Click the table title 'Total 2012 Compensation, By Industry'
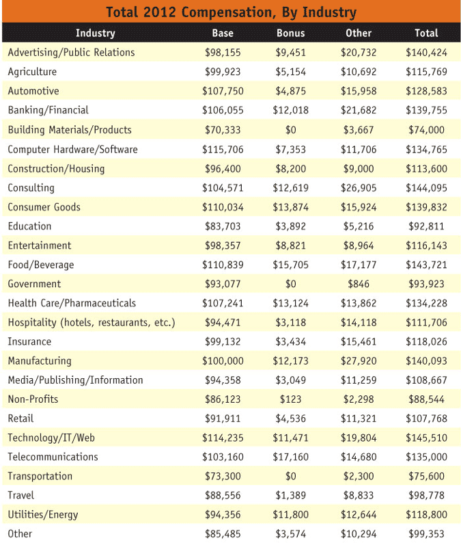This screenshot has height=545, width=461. point(231,12)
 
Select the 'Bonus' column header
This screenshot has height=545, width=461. point(290,33)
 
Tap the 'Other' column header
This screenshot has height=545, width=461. point(359,33)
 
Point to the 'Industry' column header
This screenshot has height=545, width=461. point(95,33)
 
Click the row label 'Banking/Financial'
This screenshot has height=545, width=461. point(48,110)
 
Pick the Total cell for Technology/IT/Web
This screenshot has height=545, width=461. point(426,438)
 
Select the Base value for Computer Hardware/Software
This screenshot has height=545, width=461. point(223,149)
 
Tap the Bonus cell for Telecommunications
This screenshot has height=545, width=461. point(290,457)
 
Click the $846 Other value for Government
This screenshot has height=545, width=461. point(359,284)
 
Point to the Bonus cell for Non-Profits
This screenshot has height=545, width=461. point(290,399)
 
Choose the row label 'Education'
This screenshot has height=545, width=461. point(29,226)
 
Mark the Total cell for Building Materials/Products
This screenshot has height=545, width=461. point(426,130)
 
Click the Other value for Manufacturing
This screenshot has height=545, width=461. point(359,361)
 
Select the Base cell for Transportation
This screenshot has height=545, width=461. point(223,476)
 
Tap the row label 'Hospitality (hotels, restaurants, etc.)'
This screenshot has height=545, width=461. point(91,323)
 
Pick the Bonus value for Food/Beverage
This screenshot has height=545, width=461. point(290,265)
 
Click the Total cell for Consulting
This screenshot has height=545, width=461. point(426,188)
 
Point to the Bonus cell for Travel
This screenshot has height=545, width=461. point(290,495)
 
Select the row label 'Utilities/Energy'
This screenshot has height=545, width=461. point(43,514)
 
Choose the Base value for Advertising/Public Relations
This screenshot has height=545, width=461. point(223,53)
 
